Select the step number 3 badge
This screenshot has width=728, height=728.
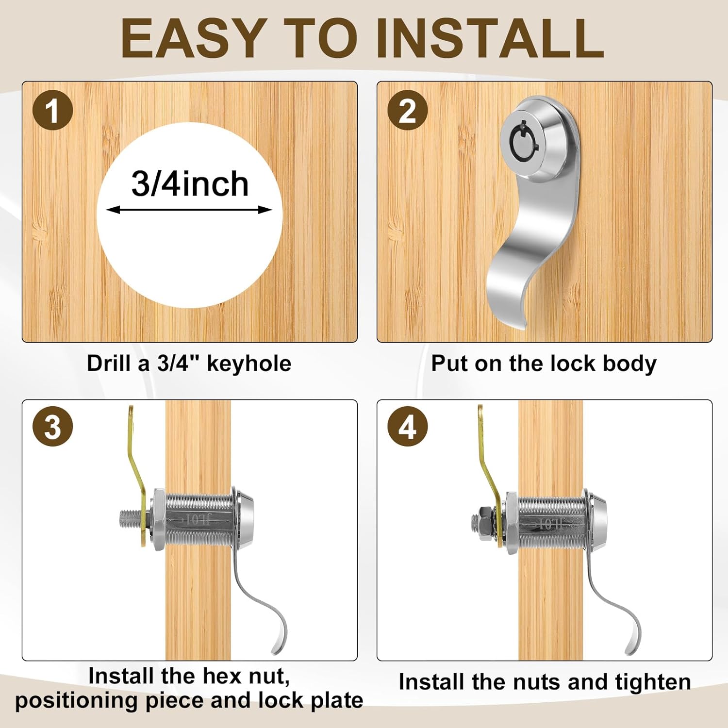(x=52, y=427)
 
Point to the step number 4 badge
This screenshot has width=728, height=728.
(x=408, y=427)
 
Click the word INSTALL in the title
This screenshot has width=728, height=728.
(x=490, y=39)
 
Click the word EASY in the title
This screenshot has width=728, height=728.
(x=192, y=39)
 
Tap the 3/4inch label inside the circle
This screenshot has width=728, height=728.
(x=190, y=184)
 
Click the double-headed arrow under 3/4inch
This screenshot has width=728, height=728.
(x=189, y=210)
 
